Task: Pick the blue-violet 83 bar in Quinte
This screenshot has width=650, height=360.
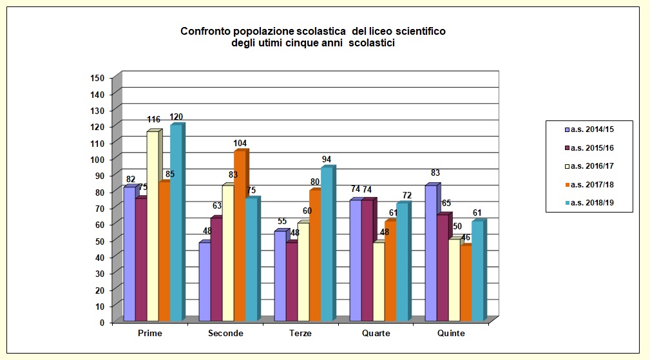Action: (431, 252)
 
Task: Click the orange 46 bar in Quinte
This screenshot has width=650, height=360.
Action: (466, 283)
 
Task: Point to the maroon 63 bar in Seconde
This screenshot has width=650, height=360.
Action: (216, 269)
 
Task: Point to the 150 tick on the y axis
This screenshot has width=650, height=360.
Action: (97, 78)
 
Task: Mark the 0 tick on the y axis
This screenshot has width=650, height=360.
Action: (102, 323)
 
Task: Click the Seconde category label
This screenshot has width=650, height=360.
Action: (225, 334)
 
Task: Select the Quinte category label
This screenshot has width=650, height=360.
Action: (451, 334)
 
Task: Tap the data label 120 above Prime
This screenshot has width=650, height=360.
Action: (177, 117)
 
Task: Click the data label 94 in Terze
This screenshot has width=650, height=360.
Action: (327, 160)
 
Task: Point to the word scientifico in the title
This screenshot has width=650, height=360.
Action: (419, 31)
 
